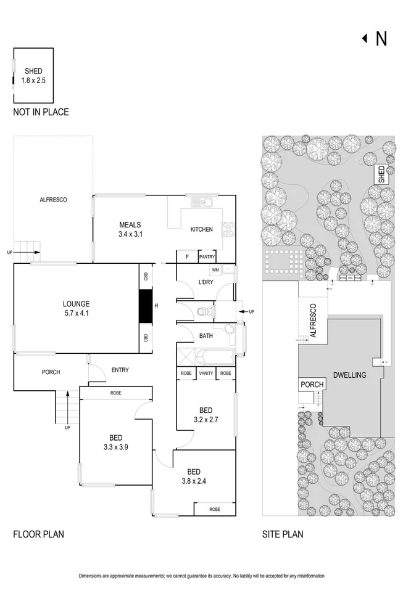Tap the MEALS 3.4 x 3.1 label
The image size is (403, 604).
[x=130, y=229]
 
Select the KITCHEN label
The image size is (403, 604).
[x=201, y=229]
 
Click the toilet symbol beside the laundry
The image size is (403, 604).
[x=201, y=312]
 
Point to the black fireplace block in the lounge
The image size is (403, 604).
[x=145, y=306]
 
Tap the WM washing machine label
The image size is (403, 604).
[x=215, y=270]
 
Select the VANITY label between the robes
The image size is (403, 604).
[x=206, y=373]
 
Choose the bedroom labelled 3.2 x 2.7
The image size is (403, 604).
[x=206, y=414]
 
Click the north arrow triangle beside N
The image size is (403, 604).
[x=365, y=39]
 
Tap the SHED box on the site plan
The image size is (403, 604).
[x=382, y=174]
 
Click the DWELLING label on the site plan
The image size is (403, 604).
[x=349, y=375]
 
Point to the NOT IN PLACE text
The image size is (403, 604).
[x=41, y=112]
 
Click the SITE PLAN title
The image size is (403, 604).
[x=282, y=534]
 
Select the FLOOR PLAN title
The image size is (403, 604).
[x=38, y=534]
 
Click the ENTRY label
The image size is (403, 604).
[x=120, y=370]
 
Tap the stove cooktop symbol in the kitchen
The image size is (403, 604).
[x=227, y=229]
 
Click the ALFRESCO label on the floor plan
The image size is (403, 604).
[x=53, y=200]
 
